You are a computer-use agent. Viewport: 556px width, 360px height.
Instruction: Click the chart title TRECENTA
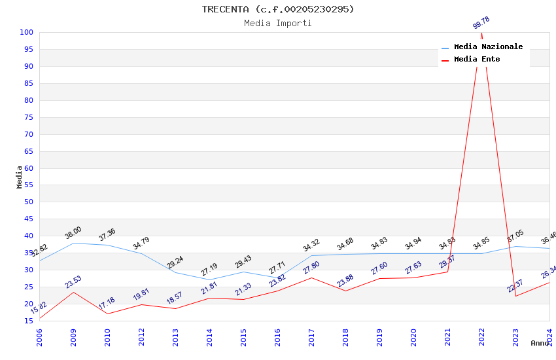(277, 9)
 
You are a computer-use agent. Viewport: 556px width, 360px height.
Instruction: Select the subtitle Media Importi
(277, 23)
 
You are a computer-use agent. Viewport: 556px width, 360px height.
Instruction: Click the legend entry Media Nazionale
(488, 46)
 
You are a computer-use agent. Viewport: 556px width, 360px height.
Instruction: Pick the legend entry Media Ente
(477, 59)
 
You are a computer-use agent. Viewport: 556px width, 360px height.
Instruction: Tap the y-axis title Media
(20, 177)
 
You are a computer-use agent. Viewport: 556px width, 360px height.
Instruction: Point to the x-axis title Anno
(540, 343)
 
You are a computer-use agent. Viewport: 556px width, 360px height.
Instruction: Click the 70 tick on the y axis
(27, 134)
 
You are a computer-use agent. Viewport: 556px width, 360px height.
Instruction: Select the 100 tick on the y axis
(27, 32)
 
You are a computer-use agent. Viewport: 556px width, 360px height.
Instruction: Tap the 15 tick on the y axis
(29, 321)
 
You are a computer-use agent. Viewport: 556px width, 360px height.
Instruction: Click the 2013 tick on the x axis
(176, 335)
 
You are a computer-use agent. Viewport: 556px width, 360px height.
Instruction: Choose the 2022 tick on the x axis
(482, 335)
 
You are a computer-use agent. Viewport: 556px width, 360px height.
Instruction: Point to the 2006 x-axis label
(40, 335)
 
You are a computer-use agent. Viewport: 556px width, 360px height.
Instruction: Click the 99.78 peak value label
(481, 23)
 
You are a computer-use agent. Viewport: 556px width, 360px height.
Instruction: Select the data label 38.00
(73, 232)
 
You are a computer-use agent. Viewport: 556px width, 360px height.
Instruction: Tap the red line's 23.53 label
(73, 281)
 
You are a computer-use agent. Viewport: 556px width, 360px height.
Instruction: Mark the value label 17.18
(107, 303)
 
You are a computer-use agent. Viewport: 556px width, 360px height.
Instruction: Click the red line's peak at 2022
(481, 33)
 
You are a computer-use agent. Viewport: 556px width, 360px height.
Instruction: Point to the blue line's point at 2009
(73, 243)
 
